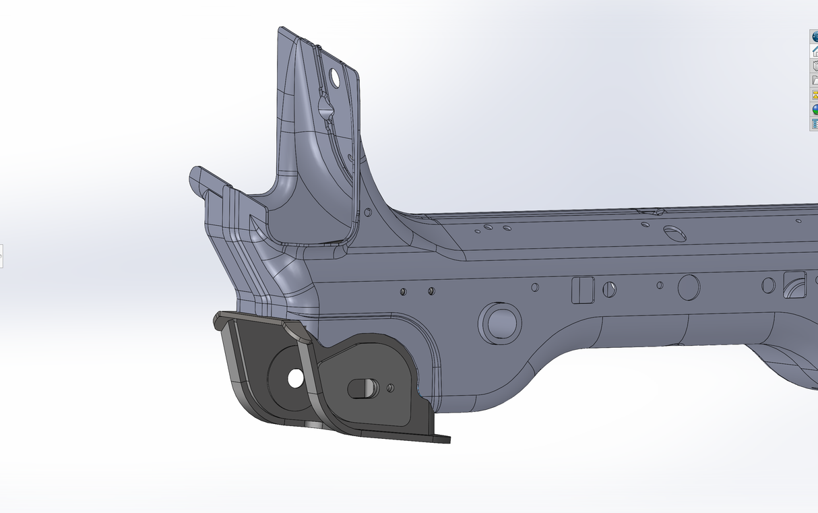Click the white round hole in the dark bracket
(x=295, y=379)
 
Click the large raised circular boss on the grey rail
(x=500, y=322)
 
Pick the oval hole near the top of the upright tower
(x=334, y=77)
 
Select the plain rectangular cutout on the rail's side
(x=582, y=290)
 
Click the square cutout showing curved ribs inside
(x=796, y=284)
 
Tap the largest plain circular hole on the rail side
(x=689, y=287)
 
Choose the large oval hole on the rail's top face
(x=674, y=233)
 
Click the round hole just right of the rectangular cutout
(x=610, y=289)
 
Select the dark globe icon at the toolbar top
(x=814, y=36)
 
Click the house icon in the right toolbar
(x=814, y=51)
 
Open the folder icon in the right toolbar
(x=814, y=80)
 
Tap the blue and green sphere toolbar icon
(x=814, y=109)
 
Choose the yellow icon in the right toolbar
(x=814, y=94)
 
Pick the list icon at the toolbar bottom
(x=814, y=123)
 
